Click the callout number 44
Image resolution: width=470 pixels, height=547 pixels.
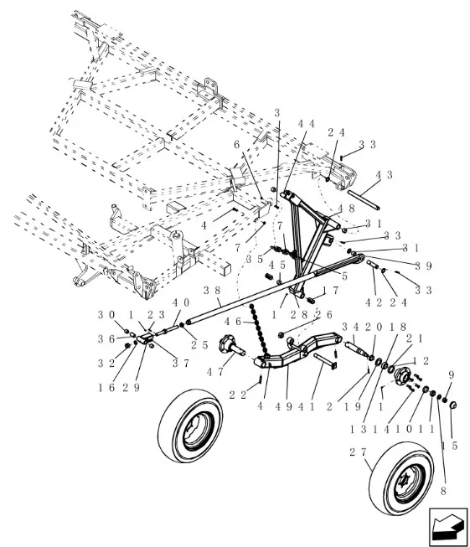[x=307, y=124]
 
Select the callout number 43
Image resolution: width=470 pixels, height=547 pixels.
[x=384, y=175]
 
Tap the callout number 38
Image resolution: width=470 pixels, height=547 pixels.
[x=211, y=290]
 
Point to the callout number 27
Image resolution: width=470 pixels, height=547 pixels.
[x=358, y=452]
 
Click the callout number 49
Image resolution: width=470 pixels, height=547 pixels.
[x=284, y=407]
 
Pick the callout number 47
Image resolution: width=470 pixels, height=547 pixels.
[x=215, y=372]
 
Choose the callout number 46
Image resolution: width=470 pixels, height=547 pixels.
[x=233, y=322]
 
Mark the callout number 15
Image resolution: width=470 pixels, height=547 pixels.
[x=450, y=446]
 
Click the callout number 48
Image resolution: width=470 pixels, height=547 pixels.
[x=347, y=209]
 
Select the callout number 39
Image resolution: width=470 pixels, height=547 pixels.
[x=424, y=266]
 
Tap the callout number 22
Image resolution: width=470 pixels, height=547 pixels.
[x=238, y=395]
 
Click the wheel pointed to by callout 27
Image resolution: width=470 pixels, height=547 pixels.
[x=401, y=478]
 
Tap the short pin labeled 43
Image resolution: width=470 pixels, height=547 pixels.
[x=364, y=199]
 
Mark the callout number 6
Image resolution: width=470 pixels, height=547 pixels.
[x=237, y=144]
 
